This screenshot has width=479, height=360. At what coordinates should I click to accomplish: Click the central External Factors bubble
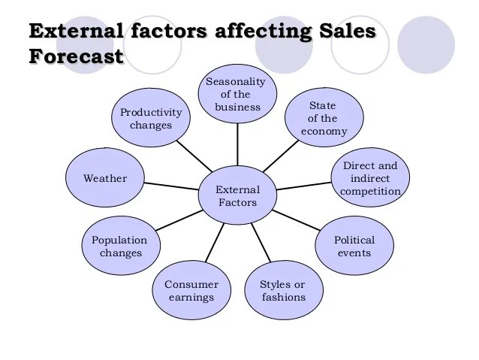click(238, 195)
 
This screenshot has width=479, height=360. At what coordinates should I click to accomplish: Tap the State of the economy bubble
click(324, 118)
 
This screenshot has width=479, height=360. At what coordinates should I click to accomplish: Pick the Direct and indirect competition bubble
click(370, 178)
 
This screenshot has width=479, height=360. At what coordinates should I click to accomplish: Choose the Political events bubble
click(354, 247)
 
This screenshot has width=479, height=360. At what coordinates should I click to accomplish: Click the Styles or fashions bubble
click(283, 290)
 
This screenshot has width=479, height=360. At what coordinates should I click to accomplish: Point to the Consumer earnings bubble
click(191, 290)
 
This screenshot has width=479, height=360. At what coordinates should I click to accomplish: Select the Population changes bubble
click(120, 247)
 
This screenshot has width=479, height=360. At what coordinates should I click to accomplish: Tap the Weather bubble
click(105, 178)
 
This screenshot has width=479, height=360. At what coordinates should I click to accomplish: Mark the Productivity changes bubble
click(151, 119)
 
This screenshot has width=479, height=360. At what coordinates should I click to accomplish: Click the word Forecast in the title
click(76, 56)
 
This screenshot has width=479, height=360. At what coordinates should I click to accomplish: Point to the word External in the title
click(75, 32)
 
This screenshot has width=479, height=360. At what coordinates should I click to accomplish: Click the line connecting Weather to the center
click(170, 186)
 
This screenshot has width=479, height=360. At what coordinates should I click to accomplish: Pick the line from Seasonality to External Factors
click(238, 144)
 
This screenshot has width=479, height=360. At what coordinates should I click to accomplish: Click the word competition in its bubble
click(370, 191)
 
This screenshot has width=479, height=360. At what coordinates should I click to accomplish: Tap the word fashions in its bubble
click(283, 297)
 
